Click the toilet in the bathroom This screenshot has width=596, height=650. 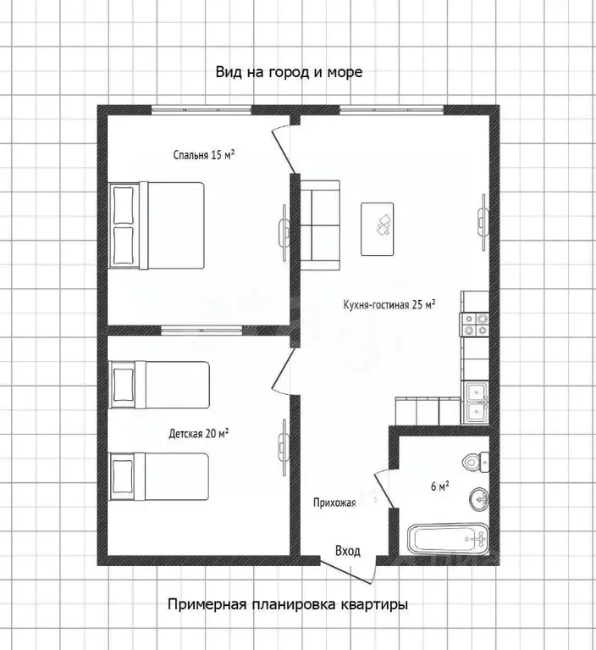[x=476, y=461]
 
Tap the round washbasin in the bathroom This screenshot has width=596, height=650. [x=479, y=499]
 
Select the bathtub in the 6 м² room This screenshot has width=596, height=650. [x=448, y=538]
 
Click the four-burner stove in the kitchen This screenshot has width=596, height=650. [x=475, y=325]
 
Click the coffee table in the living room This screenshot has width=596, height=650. [x=377, y=229]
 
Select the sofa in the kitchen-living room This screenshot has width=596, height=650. [x=320, y=225]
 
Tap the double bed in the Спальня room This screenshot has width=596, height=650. [x=157, y=225]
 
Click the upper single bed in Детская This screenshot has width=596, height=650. [x=158, y=385]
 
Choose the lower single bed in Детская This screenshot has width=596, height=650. [x=158, y=476]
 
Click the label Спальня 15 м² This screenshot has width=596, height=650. [x=204, y=155]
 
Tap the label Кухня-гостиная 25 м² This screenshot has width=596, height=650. [x=389, y=305]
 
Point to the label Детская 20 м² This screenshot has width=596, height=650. [x=199, y=434]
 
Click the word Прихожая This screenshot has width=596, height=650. [x=334, y=503]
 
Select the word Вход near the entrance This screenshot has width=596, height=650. [x=348, y=551]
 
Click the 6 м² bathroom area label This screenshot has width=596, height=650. [x=440, y=486]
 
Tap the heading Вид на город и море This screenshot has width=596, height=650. [x=289, y=72]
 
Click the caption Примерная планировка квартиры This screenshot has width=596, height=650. [x=288, y=604]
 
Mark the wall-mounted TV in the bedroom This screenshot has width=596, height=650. [x=284, y=232]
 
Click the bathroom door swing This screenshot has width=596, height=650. [x=384, y=489]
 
